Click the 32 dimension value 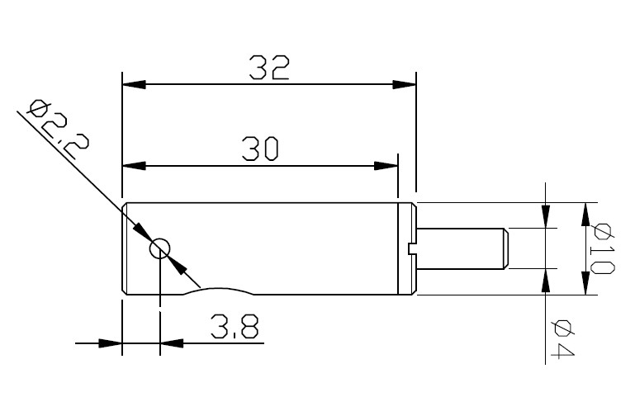click(270, 68)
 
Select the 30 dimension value click(261, 149)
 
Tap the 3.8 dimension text click(234, 328)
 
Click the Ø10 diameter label click(604, 248)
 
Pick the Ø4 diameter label click(564, 338)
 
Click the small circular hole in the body click(159, 248)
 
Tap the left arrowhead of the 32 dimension click(134, 84)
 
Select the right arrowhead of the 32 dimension click(404, 84)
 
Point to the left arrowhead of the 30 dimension click(134, 165)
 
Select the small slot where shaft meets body click(413, 248)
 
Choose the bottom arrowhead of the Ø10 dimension click(585, 283)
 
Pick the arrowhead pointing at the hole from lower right click(178, 266)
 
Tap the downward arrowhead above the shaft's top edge click(546, 216)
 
